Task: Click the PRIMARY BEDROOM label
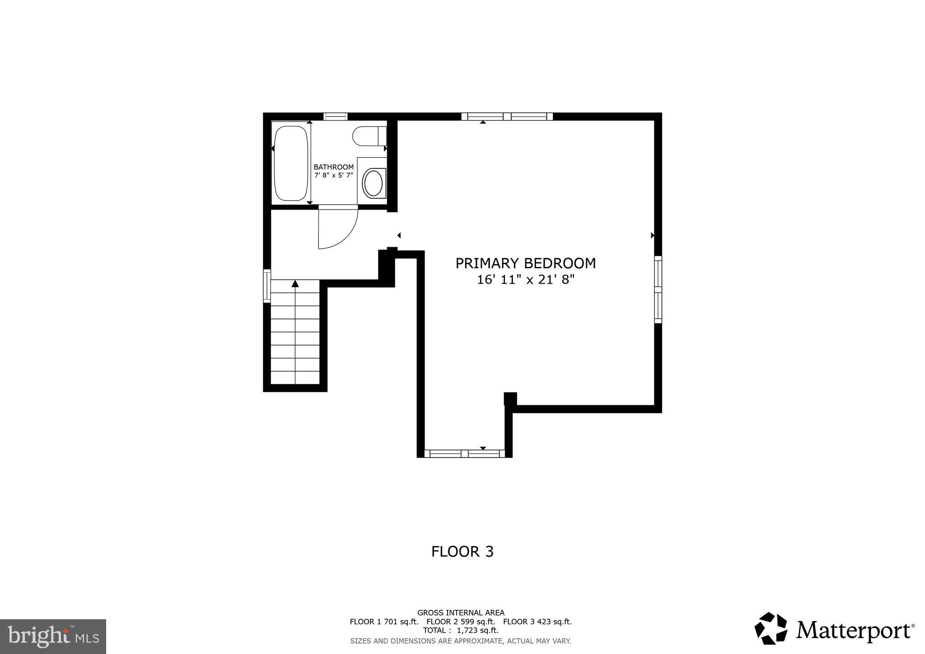[525, 263]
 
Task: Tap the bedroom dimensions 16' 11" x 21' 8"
[525, 280]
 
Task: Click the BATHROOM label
[334, 167]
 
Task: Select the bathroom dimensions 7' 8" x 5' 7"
[334, 175]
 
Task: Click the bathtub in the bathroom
[291, 163]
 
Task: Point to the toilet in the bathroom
[368, 136]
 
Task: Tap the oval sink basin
[373, 183]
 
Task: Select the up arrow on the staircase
[295, 284]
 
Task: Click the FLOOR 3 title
[462, 552]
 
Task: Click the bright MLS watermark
[53, 636]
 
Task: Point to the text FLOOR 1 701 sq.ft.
[384, 621]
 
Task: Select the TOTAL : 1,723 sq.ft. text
[461, 630]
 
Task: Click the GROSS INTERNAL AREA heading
[461, 613]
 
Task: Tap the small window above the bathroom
[336, 117]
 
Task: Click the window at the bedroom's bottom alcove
[464, 453]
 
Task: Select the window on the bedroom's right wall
[658, 290]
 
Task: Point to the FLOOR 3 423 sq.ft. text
[537, 621]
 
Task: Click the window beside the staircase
[267, 285]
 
